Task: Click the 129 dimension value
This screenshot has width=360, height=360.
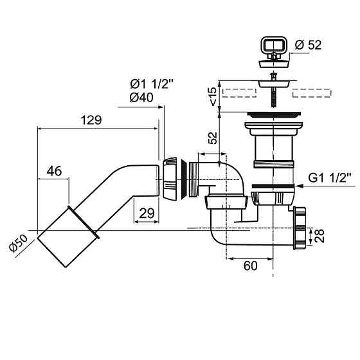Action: click(x=91, y=120)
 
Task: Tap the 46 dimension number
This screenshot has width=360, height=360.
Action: click(x=54, y=171)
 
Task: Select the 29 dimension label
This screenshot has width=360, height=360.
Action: click(x=147, y=213)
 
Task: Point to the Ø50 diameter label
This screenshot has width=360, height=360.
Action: click(x=18, y=244)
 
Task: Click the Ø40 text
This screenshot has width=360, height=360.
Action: click(x=141, y=97)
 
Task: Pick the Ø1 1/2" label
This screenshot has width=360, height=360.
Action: click(x=152, y=84)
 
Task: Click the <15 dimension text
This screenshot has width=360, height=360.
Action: click(x=213, y=96)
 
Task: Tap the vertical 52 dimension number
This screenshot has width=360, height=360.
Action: click(x=213, y=138)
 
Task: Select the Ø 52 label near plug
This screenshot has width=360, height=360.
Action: click(x=308, y=44)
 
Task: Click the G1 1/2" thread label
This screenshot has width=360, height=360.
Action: click(x=330, y=177)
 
